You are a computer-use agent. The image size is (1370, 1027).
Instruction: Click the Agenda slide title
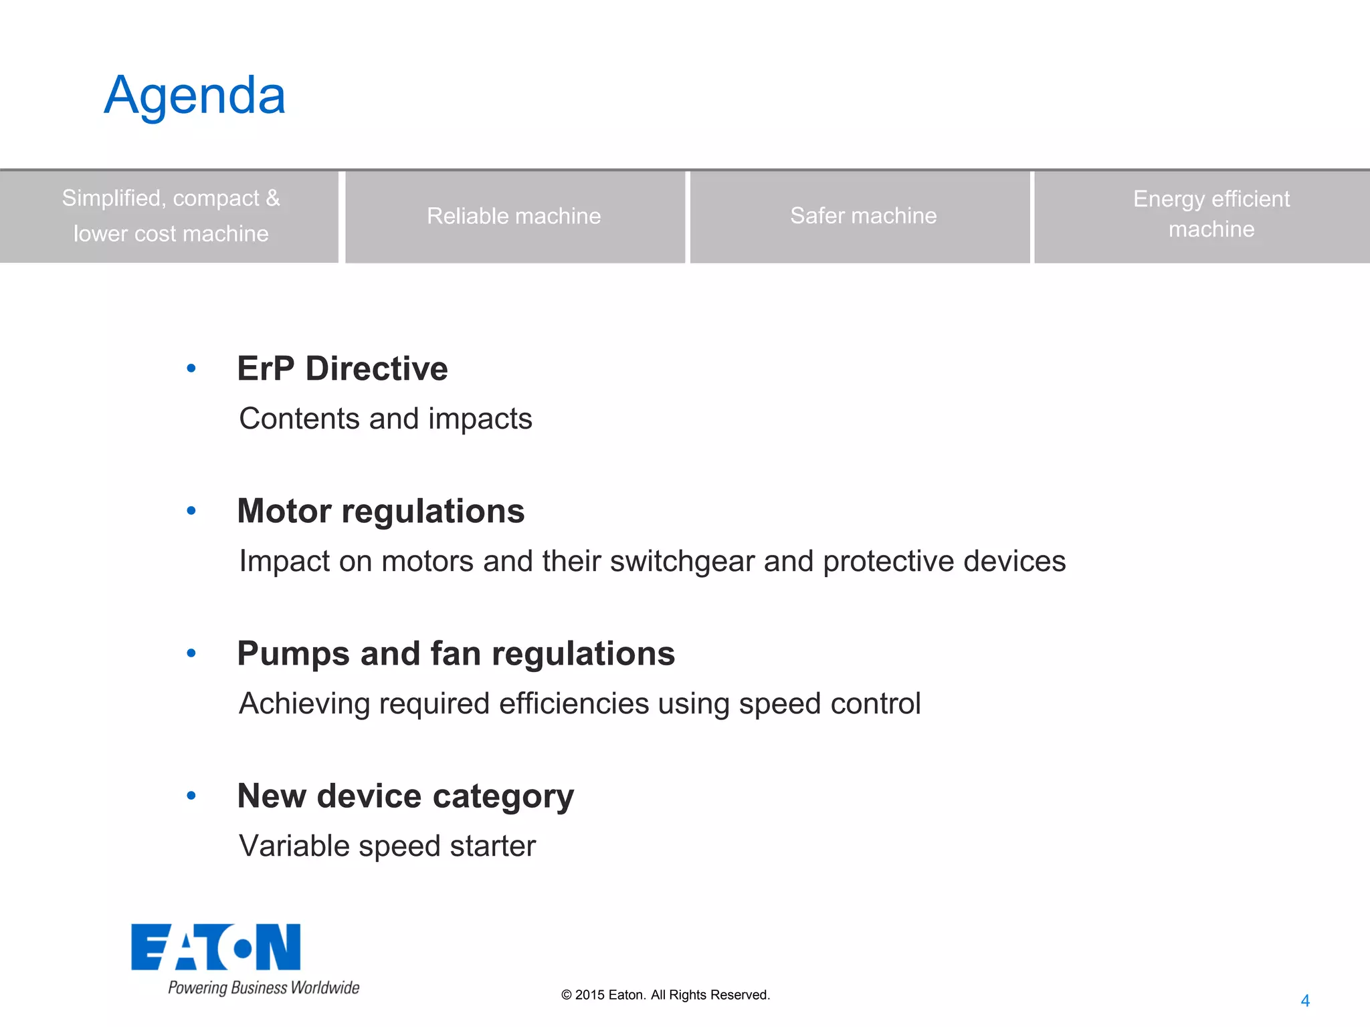click(195, 96)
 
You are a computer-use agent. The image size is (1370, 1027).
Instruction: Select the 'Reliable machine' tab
click(514, 217)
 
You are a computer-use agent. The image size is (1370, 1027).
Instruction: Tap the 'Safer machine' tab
click(863, 216)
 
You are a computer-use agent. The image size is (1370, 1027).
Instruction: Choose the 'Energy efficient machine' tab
click(1211, 215)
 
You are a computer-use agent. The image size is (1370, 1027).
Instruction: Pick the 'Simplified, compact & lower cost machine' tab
click(171, 216)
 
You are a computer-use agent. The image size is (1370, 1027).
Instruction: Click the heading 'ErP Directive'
click(342, 369)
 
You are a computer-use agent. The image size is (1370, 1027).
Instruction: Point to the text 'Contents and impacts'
click(385, 419)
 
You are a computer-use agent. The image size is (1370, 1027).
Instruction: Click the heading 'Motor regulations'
click(381, 511)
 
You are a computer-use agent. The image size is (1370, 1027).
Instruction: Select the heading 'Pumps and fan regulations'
click(456, 654)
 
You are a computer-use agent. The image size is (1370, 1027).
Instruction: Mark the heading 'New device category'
click(405, 796)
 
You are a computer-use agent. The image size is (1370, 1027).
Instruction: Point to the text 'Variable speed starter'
click(387, 846)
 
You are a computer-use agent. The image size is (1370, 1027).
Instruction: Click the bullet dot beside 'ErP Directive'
click(191, 368)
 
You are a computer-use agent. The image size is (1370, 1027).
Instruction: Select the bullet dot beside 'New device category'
click(191, 796)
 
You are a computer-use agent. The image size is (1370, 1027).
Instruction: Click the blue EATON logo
click(215, 947)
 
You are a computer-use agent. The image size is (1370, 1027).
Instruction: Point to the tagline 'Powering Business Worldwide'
click(264, 988)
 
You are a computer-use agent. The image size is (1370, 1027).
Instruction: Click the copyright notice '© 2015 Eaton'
click(666, 995)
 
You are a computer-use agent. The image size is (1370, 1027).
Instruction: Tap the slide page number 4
click(1305, 1001)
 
